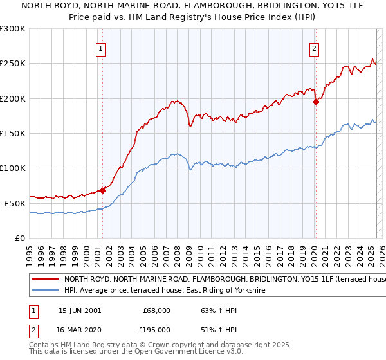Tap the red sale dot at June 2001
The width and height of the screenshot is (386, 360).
[102, 190]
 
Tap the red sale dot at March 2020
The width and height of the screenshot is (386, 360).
[316, 102]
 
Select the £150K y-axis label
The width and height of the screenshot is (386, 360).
[13, 133]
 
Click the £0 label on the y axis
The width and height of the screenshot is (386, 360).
[21, 238]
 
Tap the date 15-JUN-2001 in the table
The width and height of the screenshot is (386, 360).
[80, 310]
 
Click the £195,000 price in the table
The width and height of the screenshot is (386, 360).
[156, 330]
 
